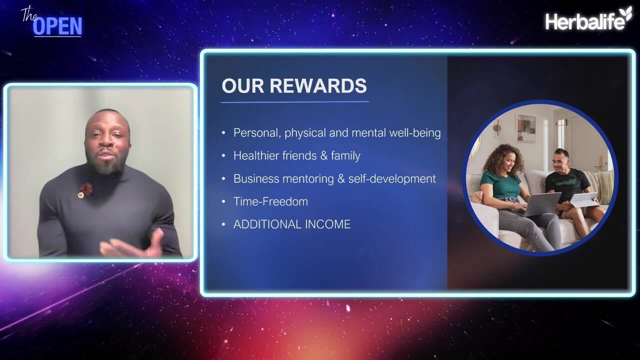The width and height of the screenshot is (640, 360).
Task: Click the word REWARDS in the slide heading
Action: (318, 85)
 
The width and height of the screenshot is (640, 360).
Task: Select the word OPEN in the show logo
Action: (57, 26)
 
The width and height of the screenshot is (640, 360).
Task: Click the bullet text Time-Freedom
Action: (270, 201)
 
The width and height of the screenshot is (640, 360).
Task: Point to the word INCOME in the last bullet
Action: (327, 224)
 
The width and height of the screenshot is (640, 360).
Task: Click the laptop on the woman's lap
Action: (539, 203)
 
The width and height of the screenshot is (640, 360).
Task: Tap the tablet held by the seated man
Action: (583, 199)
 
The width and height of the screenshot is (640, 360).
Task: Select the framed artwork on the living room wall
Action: (525, 128)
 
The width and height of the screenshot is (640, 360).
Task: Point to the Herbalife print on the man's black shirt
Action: (566, 181)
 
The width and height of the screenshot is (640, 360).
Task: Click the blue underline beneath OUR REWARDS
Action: (295, 102)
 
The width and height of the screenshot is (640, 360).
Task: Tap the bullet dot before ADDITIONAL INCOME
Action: (223, 224)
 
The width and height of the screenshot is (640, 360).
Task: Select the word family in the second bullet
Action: (345, 155)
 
